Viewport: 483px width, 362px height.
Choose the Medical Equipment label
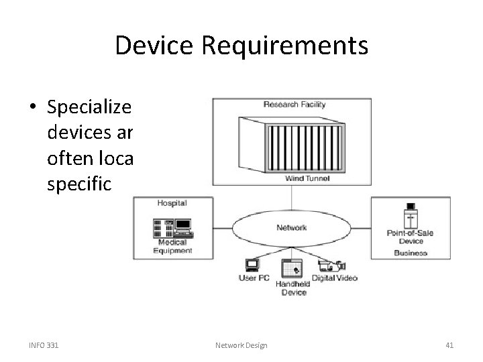click(x=172, y=247)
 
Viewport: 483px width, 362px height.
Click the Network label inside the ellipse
click(x=292, y=227)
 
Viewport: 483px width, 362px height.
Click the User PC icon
click(x=252, y=264)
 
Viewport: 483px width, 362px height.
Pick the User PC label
click(x=254, y=278)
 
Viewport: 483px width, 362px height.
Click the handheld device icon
click(x=291, y=268)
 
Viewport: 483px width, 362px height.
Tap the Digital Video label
click(x=335, y=278)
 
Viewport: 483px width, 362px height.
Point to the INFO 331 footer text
click(x=44, y=345)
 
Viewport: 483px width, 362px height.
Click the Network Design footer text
click(x=241, y=345)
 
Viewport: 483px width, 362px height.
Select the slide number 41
click(x=449, y=345)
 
